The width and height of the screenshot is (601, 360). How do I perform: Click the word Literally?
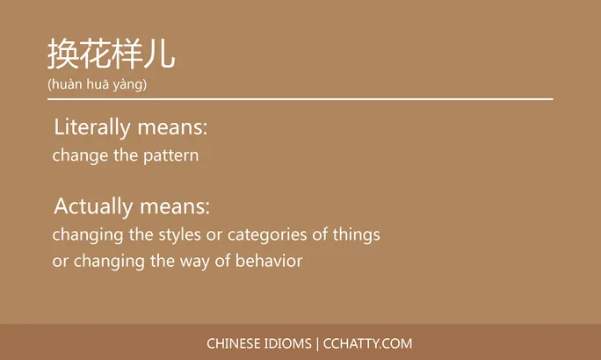(92, 127)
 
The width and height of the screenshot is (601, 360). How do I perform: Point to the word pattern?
(170, 156)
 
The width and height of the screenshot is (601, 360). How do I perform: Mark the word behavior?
(269, 262)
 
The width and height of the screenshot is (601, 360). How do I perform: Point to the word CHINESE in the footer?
(233, 343)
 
